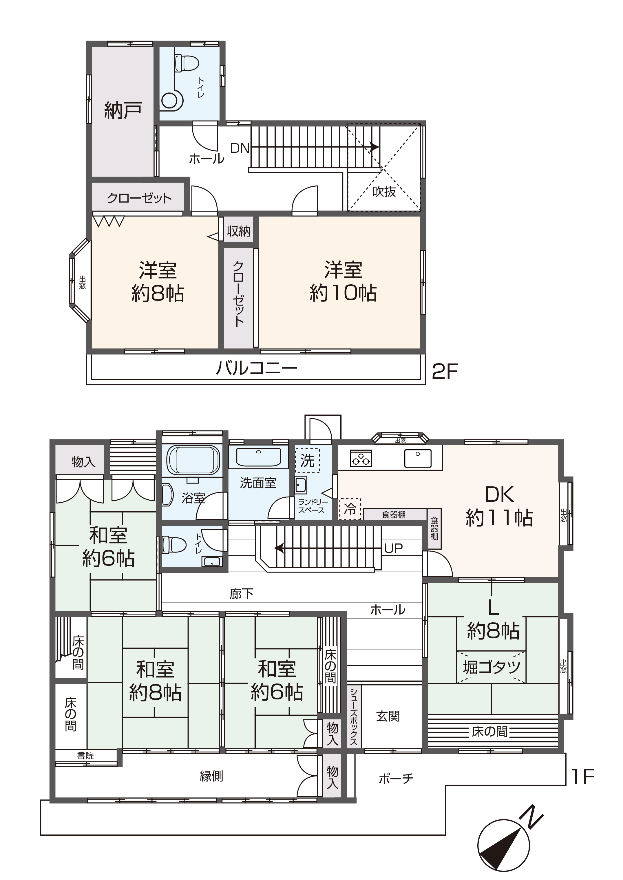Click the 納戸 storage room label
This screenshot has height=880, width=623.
(123, 110)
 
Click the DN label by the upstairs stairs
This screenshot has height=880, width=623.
(240, 148)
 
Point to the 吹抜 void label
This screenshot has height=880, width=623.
(384, 191)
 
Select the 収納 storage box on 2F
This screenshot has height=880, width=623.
(238, 231)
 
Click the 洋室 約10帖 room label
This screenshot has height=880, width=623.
(343, 281)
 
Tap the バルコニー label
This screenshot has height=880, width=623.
(257, 369)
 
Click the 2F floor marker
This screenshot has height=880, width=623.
(445, 371)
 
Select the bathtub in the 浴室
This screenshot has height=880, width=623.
(193, 460)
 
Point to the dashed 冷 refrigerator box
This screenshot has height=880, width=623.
(350, 509)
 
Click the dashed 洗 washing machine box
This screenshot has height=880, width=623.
(307, 460)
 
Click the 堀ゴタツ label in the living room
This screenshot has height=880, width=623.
(492, 667)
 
